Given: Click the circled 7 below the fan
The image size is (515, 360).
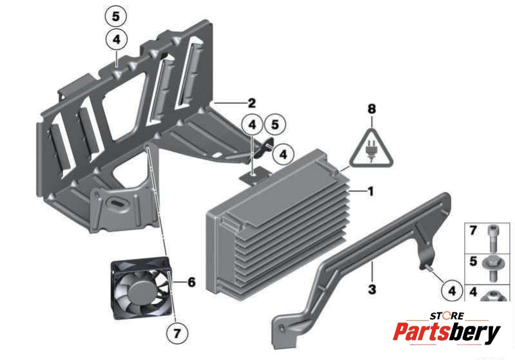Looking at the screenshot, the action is pyautogui.click(x=177, y=334).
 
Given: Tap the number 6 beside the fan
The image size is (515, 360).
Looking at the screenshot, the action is pyautogui.click(x=191, y=282).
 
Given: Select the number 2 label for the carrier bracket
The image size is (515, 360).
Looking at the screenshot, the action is pyautogui.click(x=251, y=103).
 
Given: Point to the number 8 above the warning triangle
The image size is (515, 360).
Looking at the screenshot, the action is pyautogui.click(x=371, y=109).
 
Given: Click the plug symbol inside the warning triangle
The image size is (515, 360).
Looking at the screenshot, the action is pyautogui.click(x=371, y=152).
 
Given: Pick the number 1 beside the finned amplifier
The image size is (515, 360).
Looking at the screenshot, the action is pyautogui.click(x=371, y=191).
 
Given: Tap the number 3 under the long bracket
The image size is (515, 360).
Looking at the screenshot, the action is pyautogui.click(x=372, y=289).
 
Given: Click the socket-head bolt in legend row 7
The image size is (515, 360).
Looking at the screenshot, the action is pyautogui.click(x=492, y=238).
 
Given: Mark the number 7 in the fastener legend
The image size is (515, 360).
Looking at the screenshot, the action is pyautogui.click(x=473, y=231).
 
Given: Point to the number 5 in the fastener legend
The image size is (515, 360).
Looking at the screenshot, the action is pyautogui.click(x=473, y=261).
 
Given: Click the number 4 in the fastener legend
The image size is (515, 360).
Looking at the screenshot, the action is pyautogui.click(x=473, y=291).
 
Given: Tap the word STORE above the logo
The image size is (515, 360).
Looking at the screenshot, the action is pyautogui.click(x=447, y=316).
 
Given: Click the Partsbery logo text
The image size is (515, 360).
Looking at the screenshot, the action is pyautogui.click(x=447, y=332).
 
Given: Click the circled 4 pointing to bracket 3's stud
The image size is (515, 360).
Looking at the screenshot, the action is pyautogui.click(x=452, y=290).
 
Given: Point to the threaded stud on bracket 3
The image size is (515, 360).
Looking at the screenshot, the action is pyautogui.click(x=428, y=268).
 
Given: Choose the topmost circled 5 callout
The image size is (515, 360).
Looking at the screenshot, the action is pyautogui.click(x=115, y=16).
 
